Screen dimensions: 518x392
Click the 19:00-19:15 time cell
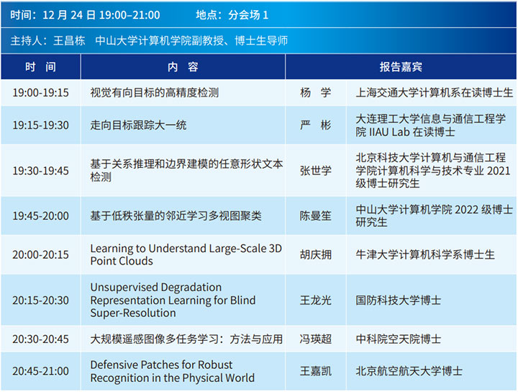point(40,93)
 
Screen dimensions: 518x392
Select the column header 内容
point(183,67)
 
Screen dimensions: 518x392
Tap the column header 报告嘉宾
point(401,67)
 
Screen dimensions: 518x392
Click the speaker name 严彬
point(316,125)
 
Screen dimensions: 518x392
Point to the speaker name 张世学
point(316,171)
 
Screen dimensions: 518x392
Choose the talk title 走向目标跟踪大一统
point(138,125)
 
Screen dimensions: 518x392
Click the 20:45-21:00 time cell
point(40,371)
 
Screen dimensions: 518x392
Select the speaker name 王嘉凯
point(316,371)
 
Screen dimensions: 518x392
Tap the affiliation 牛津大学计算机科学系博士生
point(425,254)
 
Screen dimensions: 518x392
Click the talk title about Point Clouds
point(186,254)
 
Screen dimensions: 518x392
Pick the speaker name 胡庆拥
point(316,254)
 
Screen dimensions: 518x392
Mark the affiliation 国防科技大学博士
point(399,300)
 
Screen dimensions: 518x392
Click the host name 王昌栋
point(69,40)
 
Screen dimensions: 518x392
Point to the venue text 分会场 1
point(248,15)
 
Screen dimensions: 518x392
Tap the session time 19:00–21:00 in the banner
point(129,15)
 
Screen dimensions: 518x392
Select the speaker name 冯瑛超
point(316,339)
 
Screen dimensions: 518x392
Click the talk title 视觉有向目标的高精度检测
point(155,93)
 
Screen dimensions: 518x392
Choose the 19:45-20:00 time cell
point(40,216)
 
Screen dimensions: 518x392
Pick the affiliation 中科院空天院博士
point(399,339)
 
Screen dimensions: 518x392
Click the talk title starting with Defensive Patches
point(173,371)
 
